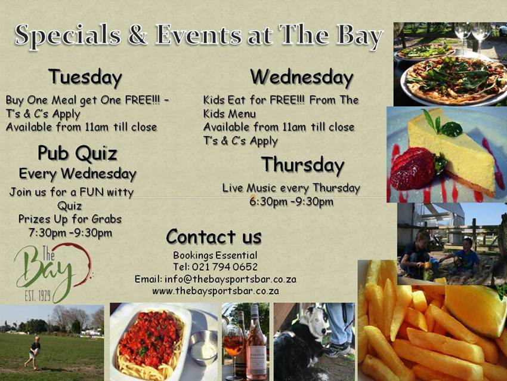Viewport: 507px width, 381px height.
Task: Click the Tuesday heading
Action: coord(85,78)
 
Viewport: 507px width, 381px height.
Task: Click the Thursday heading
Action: coord(302,164)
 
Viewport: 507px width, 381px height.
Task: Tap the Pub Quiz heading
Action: coord(77,153)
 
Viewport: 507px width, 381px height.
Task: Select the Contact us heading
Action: coord(214,237)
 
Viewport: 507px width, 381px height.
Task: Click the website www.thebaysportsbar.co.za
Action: coord(215,291)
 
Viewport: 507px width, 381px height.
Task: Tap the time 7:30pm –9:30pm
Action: coord(70,232)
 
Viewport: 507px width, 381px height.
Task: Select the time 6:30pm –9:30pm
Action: coord(291,201)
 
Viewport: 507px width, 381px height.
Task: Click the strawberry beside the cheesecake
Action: coord(413,169)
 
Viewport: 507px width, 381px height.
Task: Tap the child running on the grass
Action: coord(33,351)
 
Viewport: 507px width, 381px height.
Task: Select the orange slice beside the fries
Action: coord(475,309)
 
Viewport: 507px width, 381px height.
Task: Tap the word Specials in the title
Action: coord(70,37)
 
